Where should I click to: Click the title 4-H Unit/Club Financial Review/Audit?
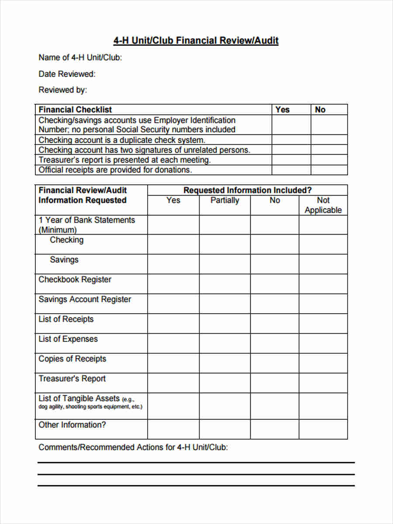pyautogui.click(x=196, y=41)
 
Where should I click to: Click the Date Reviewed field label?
pyautogui.click(x=67, y=74)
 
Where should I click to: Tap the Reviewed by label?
pyautogui.click(x=63, y=90)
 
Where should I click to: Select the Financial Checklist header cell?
pyautogui.click(x=75, y=110)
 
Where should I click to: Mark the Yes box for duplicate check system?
pyautogui.click(x=291, y=140)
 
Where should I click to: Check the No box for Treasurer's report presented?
pyautogui.click(x=329, y=160)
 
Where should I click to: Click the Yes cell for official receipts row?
pyautogui.click(x=291, y=170)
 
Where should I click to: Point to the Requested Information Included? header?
pyautogui.click(x=247, y=190)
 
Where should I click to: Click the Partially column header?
pyautogui.click(x=224, y=200)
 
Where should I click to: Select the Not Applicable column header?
pyautogui.click(x=323, y=205)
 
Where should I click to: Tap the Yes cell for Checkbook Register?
pyautogui.click(x=173, y=284)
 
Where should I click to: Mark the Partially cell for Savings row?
pyautogui.click(x=224, y=264)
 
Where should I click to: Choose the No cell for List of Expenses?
pyautogui.click(x=275, y=343)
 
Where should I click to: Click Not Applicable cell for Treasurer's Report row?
pyautogui.click(x=323, y=383)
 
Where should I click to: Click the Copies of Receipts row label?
pyautogui.click(x=72, y=359)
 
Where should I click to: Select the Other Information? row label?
pyautogui.click(x=72, y=425)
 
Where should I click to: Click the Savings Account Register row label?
pyautogui.click(x=85, y=300)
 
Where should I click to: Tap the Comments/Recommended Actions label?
pyautogui.click(x=133, y=448)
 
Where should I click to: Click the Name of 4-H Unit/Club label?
pyautogui.click(x=80, y=58)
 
